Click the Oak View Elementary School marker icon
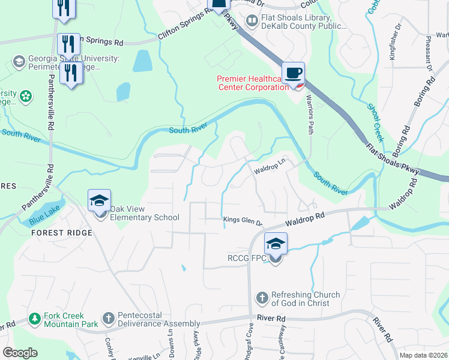[100, 201]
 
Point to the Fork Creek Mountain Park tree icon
[35, 317]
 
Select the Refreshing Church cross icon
[261, 298]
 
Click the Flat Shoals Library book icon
[251, 22]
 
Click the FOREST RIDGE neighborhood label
[62, 233]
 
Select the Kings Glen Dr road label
[243, 221]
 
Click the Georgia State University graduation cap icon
[19, 62]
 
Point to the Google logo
[20, 353]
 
